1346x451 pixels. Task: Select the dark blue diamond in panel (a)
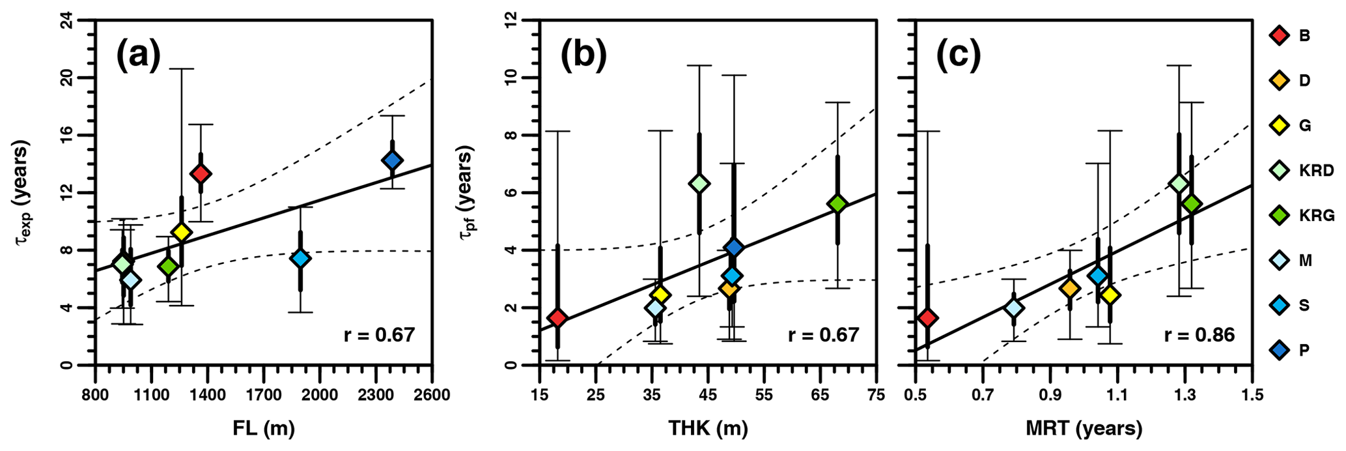392,160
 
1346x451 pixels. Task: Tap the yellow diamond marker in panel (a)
182,232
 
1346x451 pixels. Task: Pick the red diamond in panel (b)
557,318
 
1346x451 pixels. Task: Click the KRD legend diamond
1280,171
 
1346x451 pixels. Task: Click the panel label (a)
138,56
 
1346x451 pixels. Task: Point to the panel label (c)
958,56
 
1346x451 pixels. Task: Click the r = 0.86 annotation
1199,335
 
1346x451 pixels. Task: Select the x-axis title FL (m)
264,428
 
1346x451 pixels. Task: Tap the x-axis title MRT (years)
1084,428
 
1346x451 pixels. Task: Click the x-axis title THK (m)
708,428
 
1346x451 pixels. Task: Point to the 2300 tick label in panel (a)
376,396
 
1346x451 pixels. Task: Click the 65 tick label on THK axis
820,396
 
